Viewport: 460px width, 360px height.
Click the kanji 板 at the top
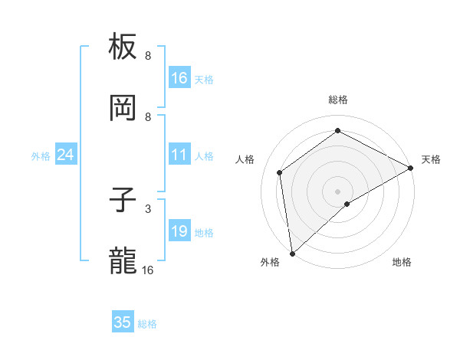point(123,47)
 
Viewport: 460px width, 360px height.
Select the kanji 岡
point(123,109)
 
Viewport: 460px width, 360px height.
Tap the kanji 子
point(123,201)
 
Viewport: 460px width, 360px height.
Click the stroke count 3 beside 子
point(148,208)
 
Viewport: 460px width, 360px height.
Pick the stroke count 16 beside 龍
point(148,270)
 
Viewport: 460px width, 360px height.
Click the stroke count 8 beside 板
point(148,55)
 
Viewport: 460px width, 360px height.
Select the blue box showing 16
point(179,78)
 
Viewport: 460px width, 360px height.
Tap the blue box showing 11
point(179,155)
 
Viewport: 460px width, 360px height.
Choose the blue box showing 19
point(179,231)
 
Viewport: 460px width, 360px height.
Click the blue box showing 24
point(65,155)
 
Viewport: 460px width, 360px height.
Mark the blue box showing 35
point(123,322)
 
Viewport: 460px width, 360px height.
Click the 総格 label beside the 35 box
point(147,324)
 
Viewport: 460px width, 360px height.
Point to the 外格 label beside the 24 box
point(41,156)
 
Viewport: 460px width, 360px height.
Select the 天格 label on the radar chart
point(431,159)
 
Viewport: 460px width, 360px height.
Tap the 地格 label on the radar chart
point(402,262)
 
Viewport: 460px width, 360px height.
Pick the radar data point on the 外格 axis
point(292,253)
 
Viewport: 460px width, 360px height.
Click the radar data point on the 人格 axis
point(280,172)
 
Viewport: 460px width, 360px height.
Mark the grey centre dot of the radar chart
point(337,191)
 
